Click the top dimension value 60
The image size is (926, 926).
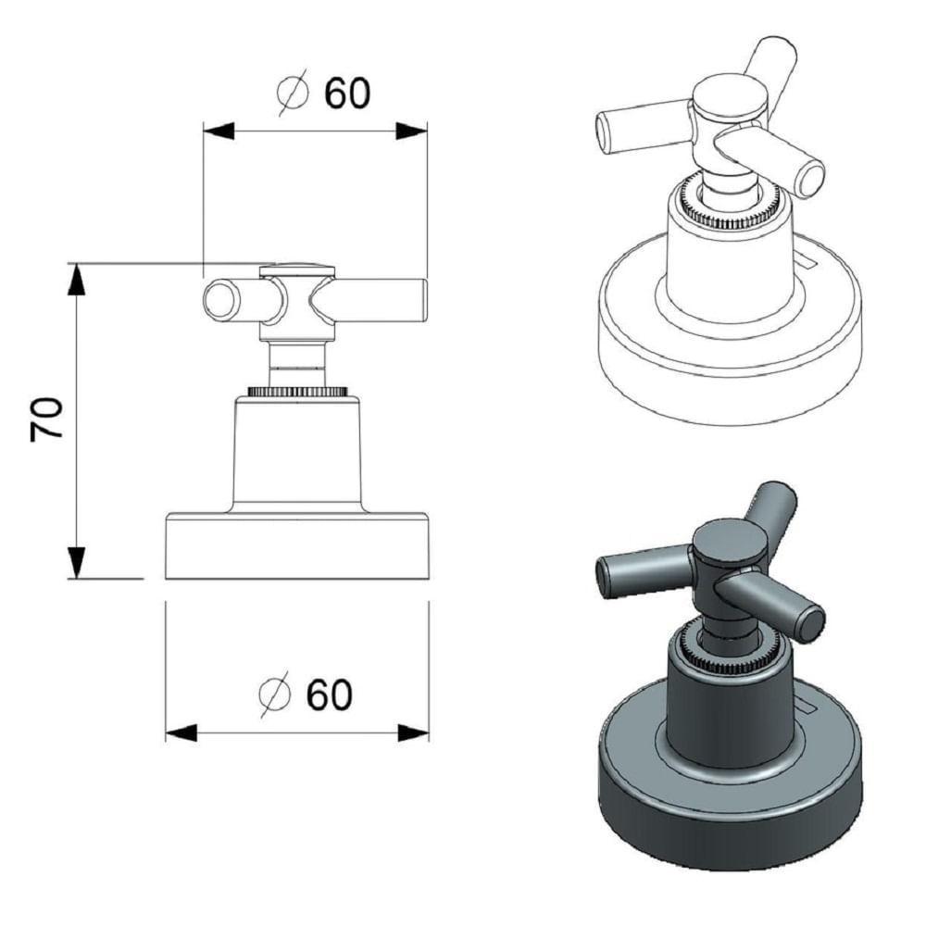347,94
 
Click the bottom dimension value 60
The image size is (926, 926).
329,694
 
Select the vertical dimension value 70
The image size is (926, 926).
46,419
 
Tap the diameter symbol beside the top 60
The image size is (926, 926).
293,92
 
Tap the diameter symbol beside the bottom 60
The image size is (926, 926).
275,694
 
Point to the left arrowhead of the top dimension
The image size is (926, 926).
219,131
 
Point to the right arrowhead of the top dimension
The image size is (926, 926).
411,131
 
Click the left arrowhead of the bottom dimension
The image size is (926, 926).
181,733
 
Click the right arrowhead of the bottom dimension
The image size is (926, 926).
413,733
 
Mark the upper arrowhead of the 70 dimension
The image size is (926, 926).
76,279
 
